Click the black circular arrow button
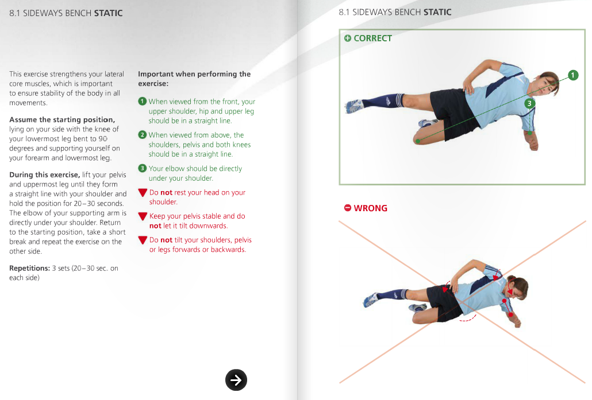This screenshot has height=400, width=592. pos(236,379)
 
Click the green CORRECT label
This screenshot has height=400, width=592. pos(368,38)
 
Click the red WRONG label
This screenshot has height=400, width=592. pos(366,208)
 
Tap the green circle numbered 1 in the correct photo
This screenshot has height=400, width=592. pos(572,75)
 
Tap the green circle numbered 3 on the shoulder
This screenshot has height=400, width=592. pos(529,103)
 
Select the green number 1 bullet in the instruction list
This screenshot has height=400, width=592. pos(142,102)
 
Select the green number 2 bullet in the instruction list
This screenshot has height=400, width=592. pos(142,135)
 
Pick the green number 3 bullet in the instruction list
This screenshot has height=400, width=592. pos(142,168)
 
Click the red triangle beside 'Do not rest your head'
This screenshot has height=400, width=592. pos(143,193)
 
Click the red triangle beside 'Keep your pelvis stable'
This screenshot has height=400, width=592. pos(143,216)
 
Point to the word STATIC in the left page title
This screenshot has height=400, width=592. pos(108,13)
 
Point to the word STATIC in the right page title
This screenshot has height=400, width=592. pos(437,12)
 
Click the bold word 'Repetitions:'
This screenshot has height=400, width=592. pos(29,268)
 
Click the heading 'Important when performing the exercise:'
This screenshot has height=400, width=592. pos(194,79)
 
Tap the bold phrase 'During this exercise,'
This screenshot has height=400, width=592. pos(44,174)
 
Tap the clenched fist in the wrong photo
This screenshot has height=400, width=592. pos(517,322)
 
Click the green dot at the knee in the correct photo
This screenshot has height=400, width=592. pos(418,141)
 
